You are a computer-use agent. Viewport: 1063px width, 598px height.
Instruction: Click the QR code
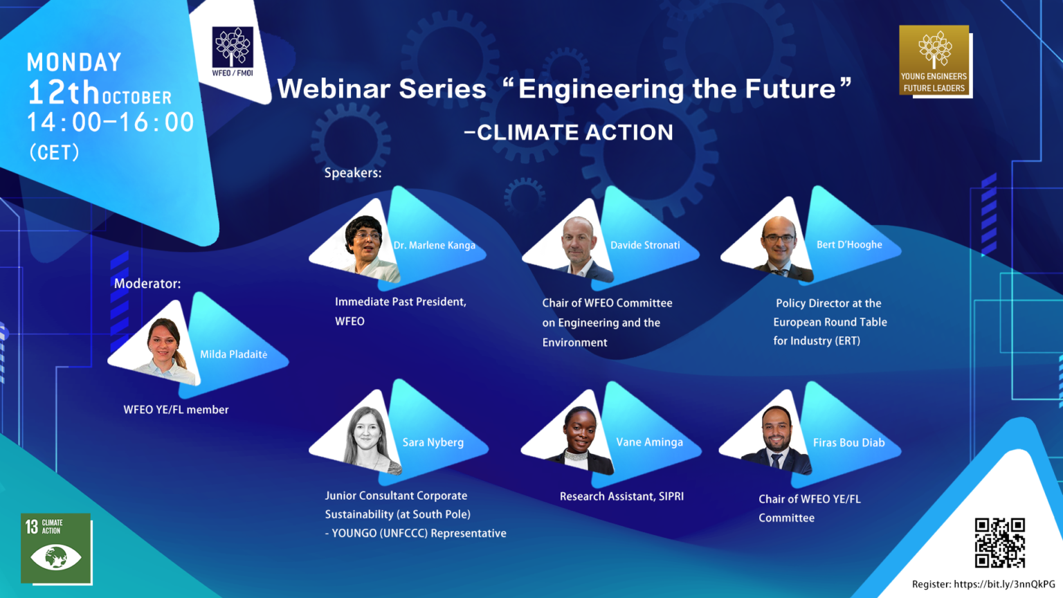point(1000,543)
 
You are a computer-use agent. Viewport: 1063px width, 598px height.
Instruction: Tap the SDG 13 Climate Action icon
point(56,548)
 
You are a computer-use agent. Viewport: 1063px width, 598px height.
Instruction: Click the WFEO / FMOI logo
point(233,52)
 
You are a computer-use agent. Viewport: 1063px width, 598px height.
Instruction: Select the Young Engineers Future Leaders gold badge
point(934,61)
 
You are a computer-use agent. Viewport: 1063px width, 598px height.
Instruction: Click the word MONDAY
point(74,62)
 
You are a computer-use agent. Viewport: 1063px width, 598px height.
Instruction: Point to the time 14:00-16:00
point(111,122)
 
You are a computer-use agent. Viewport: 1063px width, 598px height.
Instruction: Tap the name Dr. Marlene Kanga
point(434,246)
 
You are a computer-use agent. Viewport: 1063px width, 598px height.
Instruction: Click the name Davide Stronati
point(645,245)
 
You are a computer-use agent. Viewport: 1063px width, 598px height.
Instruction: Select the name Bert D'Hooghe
point(849,245)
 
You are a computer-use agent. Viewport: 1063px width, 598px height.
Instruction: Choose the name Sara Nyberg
point(433,442)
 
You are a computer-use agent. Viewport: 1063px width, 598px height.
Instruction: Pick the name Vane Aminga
point(649,442)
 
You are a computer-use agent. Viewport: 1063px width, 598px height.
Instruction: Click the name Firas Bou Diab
point(849,443)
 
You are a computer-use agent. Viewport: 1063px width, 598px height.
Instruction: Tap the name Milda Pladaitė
point(233,354)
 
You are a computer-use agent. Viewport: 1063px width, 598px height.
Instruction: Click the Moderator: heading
point(147,284)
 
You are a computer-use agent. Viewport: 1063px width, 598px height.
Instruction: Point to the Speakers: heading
point(353,173)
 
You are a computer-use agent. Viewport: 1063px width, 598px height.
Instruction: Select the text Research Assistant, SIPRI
point(621,496)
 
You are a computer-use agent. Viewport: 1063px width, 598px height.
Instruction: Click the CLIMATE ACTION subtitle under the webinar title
point(568,132)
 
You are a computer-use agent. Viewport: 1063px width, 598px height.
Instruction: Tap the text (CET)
point(54,152)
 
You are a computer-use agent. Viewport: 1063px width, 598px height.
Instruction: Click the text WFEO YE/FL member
point(176,410)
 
